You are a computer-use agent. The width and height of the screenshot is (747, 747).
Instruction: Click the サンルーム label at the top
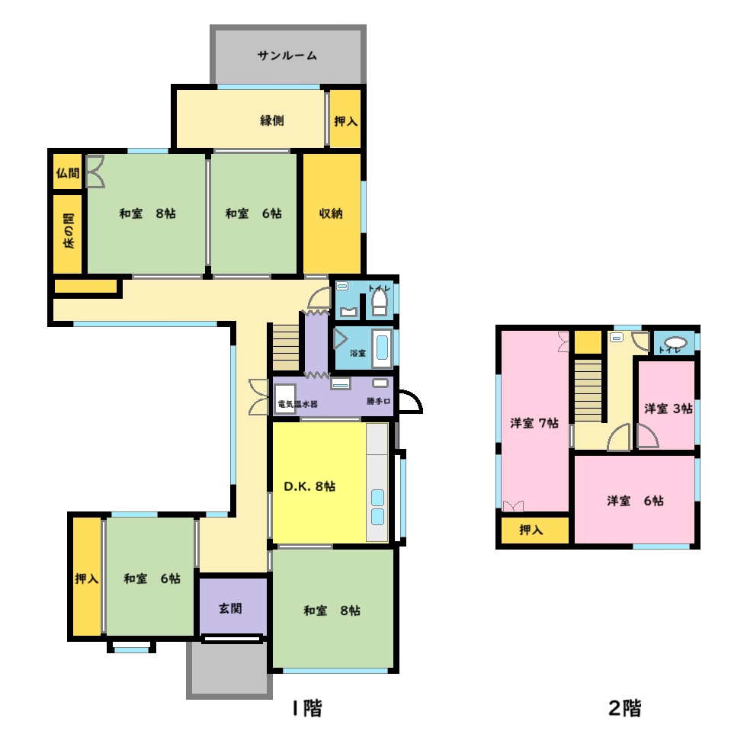287,56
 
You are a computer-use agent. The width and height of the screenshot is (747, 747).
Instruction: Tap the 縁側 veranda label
272,120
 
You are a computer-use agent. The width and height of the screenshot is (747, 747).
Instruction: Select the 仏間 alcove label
67,173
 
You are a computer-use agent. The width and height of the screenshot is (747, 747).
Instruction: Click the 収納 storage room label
331,213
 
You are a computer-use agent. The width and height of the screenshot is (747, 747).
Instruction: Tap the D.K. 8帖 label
310,486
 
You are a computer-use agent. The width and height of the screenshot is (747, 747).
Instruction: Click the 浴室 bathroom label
357,354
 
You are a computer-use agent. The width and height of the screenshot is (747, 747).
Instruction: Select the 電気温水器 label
297,403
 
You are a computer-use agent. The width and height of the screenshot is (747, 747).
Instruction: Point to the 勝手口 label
378,401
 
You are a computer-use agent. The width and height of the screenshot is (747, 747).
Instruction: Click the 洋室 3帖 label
668,409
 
